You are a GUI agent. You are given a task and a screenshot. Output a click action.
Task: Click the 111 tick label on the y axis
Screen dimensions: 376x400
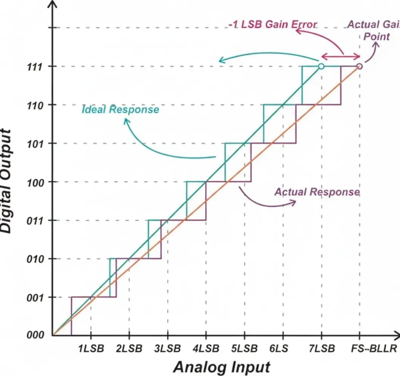[36, 66]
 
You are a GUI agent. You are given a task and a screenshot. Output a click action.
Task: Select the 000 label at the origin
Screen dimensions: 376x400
[36, 335]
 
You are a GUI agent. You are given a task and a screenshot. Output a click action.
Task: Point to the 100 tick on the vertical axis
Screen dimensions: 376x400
[36, 182]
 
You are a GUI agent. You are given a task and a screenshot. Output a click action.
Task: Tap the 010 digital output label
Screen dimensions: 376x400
[36, 259]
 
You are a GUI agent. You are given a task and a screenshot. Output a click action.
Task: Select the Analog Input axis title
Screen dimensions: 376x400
[222, 367]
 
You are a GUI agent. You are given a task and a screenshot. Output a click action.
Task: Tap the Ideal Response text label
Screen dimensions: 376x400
[120, 110]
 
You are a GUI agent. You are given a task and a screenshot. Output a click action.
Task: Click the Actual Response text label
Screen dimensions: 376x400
[317, 192]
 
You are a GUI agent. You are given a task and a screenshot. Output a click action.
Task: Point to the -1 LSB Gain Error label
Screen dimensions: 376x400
[272, 25]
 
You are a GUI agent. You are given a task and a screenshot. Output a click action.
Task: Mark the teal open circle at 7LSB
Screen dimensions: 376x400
[321, 66]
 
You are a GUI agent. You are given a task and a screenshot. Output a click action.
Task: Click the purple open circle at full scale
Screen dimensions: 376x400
[359, 66]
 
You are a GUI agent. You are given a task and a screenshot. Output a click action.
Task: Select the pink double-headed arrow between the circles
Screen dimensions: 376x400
[341, 56]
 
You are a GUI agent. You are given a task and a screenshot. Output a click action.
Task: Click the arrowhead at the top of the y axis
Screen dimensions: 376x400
[53, 5]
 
